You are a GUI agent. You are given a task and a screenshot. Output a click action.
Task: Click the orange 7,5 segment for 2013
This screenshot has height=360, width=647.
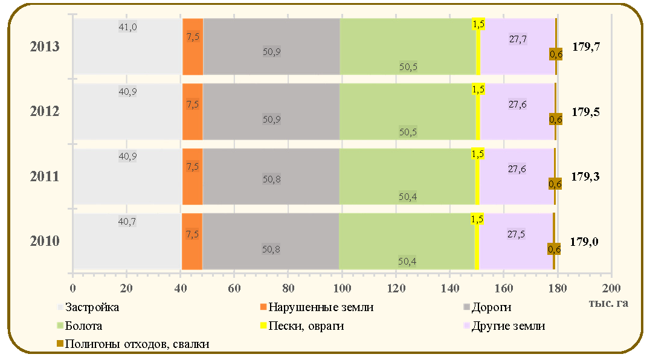point(193,47)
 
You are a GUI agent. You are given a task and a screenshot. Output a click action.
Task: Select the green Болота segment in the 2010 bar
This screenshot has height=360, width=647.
point(407,241)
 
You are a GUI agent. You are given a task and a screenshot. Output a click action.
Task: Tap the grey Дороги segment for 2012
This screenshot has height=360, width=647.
point(271,112)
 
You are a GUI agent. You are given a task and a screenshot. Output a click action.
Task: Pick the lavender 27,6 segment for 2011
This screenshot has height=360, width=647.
point(516,176)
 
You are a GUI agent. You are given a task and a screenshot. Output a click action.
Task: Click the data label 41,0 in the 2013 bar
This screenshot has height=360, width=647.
point(127,27)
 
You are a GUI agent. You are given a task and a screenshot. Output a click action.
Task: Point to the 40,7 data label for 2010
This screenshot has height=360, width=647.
point(127,222)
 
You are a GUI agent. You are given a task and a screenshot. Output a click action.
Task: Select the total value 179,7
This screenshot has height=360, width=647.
point(586,47)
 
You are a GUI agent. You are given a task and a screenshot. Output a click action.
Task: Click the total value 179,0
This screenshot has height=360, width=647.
point(584,242)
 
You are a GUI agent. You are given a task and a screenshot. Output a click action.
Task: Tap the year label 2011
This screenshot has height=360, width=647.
point(45,176)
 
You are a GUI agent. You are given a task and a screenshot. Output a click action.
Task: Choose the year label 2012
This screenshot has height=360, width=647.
point(45,111)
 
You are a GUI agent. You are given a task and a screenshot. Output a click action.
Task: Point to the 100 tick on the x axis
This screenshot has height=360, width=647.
point(342,288)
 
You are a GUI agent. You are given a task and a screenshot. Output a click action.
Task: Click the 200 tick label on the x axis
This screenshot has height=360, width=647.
point(611,288)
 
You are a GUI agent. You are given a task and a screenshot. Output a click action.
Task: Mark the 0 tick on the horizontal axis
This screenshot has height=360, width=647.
point(72,288)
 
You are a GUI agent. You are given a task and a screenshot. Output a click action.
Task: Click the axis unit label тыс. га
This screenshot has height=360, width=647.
point(608,303)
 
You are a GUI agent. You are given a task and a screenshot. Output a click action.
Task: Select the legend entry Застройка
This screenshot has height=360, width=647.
point(88,307)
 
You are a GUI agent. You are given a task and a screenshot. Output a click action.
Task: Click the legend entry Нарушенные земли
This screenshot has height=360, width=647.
point(317,307)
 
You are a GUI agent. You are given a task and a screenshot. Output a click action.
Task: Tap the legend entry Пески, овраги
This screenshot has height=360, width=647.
point(302,326)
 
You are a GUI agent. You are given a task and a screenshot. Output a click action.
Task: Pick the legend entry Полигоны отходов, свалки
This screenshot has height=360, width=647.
point(133,344)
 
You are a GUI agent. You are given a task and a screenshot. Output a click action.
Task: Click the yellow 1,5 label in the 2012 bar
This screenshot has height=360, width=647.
point(478,89)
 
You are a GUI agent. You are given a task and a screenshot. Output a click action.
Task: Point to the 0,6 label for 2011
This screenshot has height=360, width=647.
point(555,184)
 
